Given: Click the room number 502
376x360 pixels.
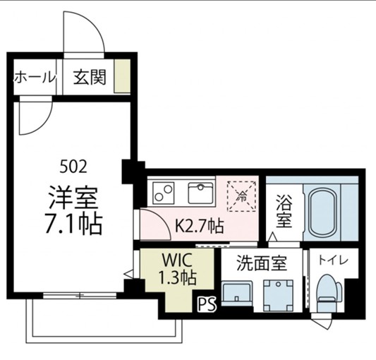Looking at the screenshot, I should tap(73, 167).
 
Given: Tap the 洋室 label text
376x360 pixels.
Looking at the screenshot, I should tap(73, 195).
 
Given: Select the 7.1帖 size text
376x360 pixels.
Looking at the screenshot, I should tap(73, 223).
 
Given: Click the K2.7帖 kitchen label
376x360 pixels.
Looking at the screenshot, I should tap(199, 227).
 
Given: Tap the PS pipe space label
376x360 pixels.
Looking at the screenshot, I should tap(205, 305).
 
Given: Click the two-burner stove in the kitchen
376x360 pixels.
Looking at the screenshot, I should tap(164, 192).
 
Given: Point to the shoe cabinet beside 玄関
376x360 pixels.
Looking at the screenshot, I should tap(123, 76).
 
